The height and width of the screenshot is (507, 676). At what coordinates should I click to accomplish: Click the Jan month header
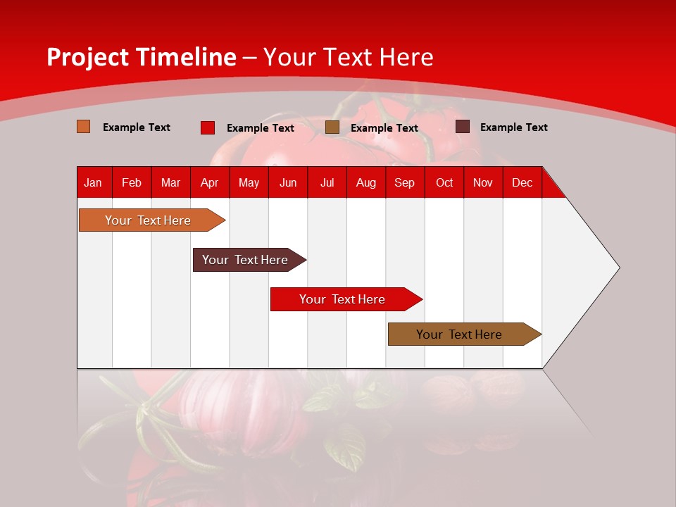(93, 182)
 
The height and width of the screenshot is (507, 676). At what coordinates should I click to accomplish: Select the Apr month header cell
(209, 182)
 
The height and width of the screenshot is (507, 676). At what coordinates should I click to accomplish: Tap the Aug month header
(365, 182)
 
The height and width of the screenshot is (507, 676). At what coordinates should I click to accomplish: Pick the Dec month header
(522, 182)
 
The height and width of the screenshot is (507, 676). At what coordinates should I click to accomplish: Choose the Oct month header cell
(444, 182)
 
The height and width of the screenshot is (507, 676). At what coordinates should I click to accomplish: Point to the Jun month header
(287, 182)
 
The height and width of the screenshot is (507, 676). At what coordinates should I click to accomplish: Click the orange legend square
(83, 127)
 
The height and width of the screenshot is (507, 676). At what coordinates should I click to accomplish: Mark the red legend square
(207, 127)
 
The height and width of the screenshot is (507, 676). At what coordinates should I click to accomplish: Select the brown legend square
(332, 127)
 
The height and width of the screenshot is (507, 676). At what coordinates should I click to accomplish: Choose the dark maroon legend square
(462, 127)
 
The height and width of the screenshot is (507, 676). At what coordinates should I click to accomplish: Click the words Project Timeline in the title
(141, 57)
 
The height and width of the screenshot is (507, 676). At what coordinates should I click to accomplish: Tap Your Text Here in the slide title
(348, 57)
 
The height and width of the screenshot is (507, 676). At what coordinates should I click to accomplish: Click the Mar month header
(170, 182)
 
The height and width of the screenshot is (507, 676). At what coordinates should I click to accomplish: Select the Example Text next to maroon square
(513, 127)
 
